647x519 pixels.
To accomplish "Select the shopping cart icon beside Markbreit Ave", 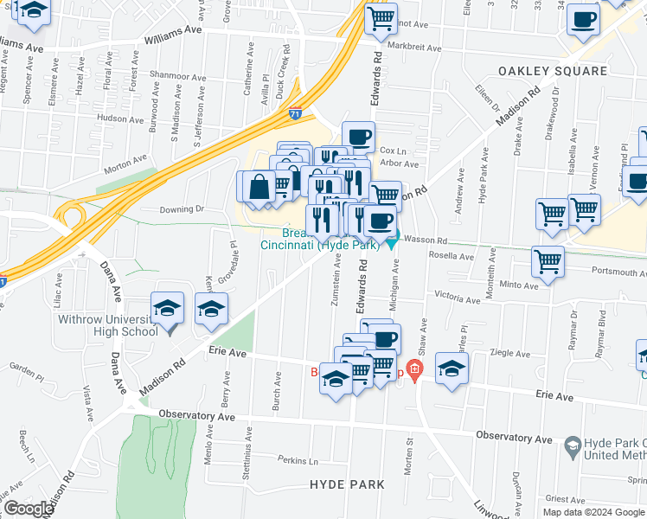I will coord(381,18).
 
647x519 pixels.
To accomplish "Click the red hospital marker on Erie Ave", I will coord(415,372).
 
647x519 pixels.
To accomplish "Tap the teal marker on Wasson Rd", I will coord(392,240).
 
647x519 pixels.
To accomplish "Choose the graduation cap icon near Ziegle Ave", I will coord(451,368).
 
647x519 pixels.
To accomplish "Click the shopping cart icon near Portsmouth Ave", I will coord(547,261).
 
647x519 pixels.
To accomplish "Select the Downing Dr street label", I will coord(181,209).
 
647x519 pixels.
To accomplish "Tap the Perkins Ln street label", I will coord(298,460).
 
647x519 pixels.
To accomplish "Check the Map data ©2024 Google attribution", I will coord(593,512).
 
